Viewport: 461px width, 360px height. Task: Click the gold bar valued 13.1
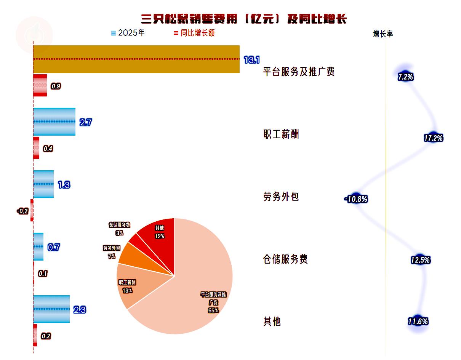coord(136,59)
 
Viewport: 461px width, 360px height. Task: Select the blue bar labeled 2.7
coord(54,122)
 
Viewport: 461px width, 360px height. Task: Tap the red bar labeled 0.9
coord(40,85)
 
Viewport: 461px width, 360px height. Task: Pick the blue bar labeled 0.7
coord(38,246)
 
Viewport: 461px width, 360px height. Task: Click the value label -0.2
coord(23,211)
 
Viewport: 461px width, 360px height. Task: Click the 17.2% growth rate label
coord(434,138)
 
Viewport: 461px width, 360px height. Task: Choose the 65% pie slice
coord(191,293)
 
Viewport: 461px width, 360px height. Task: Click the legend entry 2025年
coord(128,33)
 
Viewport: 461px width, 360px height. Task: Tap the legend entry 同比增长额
coord(194,33)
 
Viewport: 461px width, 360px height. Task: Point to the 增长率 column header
coord(383,34)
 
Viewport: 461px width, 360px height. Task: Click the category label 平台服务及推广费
coord(299,72)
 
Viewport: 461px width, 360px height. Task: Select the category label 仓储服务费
coord(285,259)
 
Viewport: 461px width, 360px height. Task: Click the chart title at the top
coord(243,19)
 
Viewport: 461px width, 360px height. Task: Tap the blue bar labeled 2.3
coord(51,309)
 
